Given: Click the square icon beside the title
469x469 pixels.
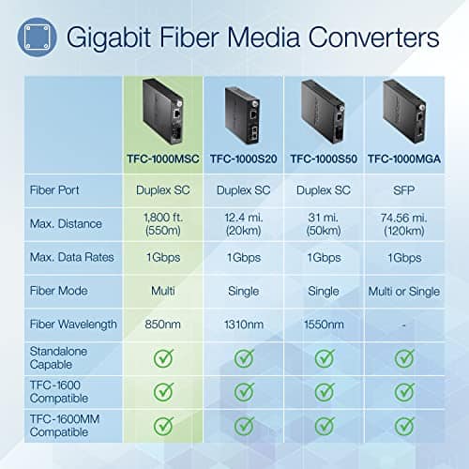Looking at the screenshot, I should pyautogui.click(x=36, y=38).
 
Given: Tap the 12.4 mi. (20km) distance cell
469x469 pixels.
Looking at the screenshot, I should pyautogui.click(x=243, y=223).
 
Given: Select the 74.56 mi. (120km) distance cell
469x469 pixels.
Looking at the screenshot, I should pyautogui.click(x=405, y=223).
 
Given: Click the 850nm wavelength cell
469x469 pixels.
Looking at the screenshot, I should pyautogui.click(x=162, y=324).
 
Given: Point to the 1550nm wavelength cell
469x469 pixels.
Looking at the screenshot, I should pyautogui.click(x=324, y=324).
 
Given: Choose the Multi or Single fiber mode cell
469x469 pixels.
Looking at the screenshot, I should pyautogui.click(x=405, y=291).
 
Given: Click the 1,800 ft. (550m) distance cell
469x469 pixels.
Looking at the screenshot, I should pyautogui.click(x=162, y=223).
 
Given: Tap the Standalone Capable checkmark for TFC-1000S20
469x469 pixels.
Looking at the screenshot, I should pyautogui.click(x=243, y=358).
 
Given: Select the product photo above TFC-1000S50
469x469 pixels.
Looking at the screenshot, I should pyautogui.click(x=324, y=113).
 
